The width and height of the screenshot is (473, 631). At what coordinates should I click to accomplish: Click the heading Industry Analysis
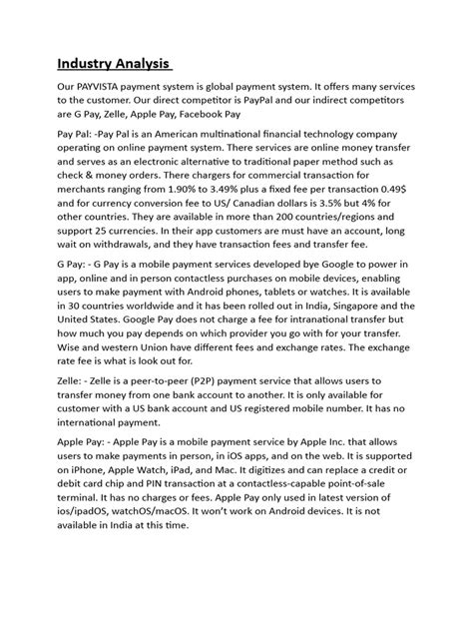[x=113, y=66]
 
